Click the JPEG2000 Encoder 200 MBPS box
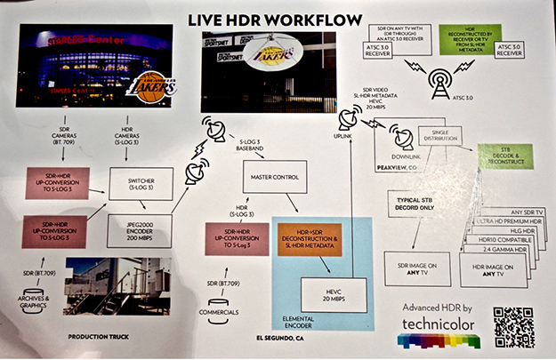(x=140, y=230)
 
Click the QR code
(x=513, y=326)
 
